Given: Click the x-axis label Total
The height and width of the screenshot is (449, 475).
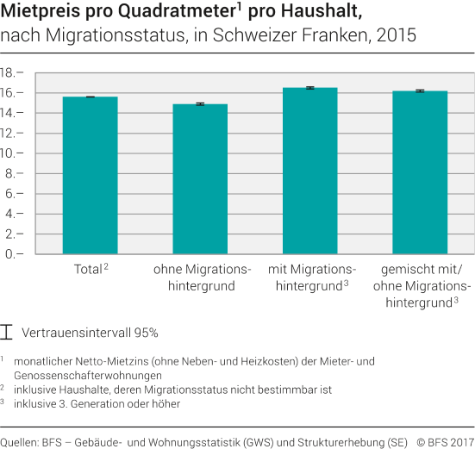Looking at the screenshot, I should [x=85, y=269].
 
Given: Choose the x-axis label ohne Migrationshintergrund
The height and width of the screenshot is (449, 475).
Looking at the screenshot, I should [x=202, y=277].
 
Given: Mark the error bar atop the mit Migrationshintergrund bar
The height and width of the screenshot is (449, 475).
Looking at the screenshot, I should [x=309, y=88].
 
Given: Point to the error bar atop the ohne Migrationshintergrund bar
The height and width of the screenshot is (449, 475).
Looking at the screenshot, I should [x=199, y=103].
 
